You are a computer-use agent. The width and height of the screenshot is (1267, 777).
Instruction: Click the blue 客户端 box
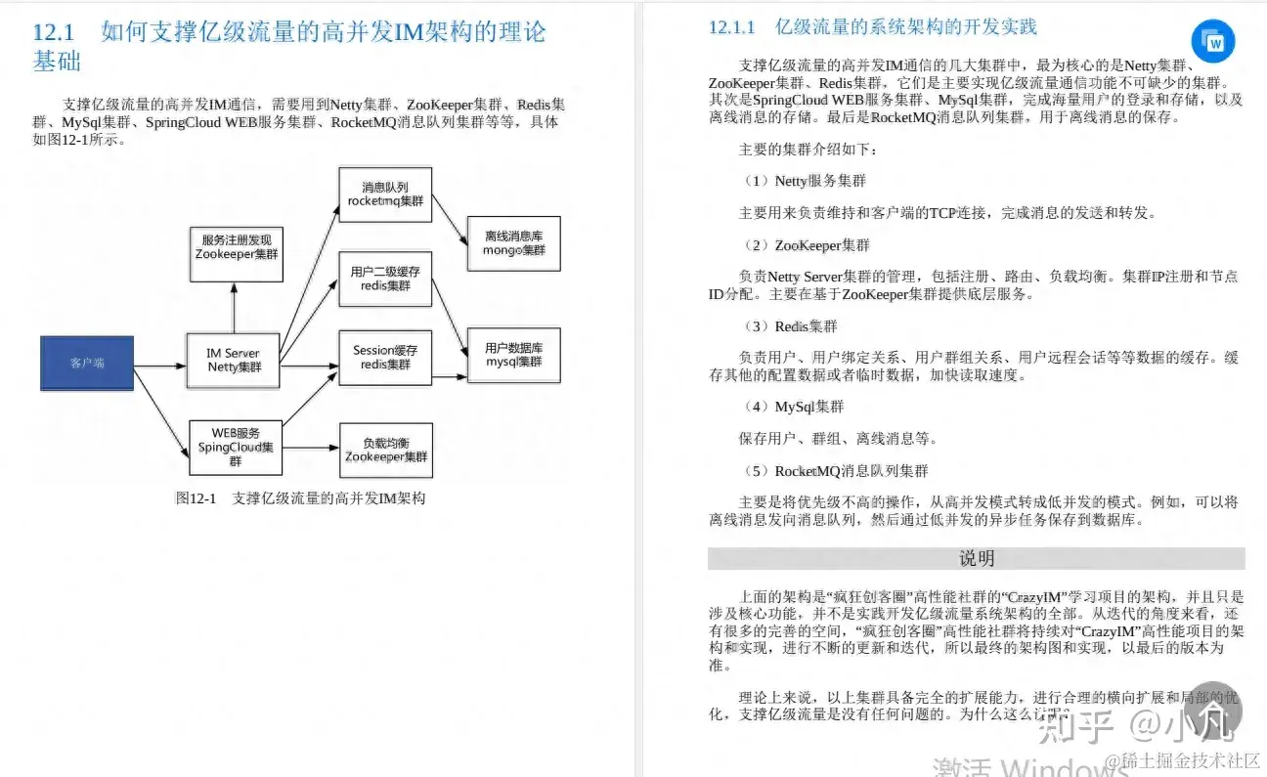pos(87,364)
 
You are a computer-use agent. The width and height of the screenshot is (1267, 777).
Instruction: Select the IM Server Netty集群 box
pos(234,361)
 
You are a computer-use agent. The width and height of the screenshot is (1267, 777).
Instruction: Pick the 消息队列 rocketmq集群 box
pos(385,194)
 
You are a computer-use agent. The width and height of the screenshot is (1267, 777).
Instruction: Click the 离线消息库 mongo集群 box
pos(513,243)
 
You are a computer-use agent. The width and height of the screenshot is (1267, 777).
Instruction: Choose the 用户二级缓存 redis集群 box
pos(385,279)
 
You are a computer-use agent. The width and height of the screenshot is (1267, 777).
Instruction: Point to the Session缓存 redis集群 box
pos(385,358)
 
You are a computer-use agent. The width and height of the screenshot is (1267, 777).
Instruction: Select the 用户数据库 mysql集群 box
pos(513,355)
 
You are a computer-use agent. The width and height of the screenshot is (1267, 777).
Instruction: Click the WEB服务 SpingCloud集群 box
pos(234,447)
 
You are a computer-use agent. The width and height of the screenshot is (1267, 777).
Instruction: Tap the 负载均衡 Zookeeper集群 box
pos(385,450)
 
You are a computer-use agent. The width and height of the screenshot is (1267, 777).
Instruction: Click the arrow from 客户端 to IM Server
pos(159,367)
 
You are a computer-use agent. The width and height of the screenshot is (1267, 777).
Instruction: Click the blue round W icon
pos(1213,41)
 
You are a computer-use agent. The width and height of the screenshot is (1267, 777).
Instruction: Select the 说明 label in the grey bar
pos(976,559)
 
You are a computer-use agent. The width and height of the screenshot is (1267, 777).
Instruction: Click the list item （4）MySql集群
pos(792,407)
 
